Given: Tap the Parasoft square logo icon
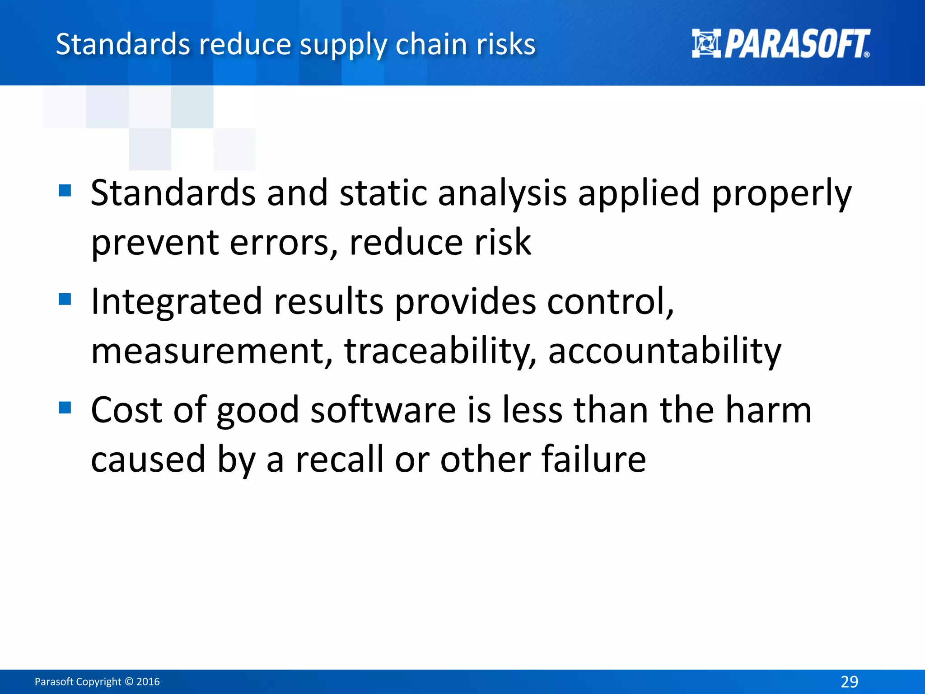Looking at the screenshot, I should pos(706,43).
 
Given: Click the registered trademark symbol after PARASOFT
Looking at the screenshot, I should pos(866,54).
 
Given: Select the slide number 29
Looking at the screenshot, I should pos(849,681).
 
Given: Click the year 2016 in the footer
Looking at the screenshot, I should pos(148,681).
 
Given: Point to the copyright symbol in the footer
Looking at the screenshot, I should pos(129,681).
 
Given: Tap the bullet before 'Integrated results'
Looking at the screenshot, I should pos(65,299).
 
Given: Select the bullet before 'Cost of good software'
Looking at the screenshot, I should pos(65,408).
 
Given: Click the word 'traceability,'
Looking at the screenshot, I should pos(440,351).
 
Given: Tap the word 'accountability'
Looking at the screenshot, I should pos(664,351).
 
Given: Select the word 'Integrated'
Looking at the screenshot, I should pos(177,302).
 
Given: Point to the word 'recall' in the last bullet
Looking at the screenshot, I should pos(339,460).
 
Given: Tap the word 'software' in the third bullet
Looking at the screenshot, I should pos(383,410).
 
